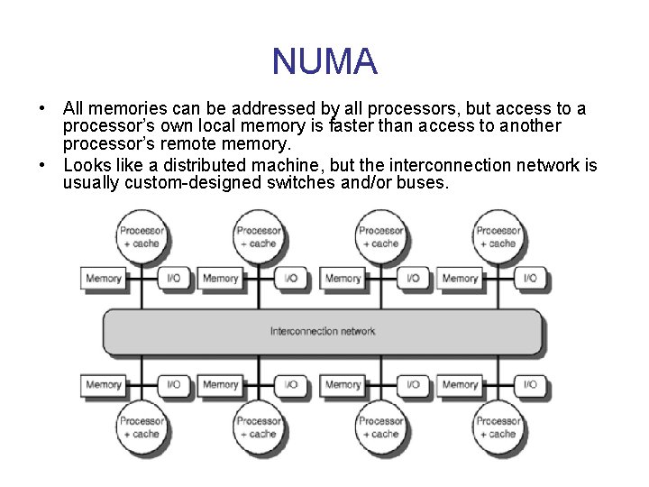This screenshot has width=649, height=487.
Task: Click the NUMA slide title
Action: (x=324, y=61)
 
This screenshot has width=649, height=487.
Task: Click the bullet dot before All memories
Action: (x=42, y=109)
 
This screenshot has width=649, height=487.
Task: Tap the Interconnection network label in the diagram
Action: (x=323, y=332)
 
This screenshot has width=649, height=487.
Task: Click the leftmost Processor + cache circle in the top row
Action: (x=142, y=236)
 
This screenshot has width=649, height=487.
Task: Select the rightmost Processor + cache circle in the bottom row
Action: (x=498, y=427)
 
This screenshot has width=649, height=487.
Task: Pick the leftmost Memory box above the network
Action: (x=104, y=279)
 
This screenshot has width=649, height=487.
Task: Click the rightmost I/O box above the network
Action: (x=531, y=279)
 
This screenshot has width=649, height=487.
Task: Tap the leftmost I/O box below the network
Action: (x=174, y=385)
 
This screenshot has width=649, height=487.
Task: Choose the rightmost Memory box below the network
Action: (x=460, y=385)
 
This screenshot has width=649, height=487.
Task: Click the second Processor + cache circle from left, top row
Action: (x=259, y=236)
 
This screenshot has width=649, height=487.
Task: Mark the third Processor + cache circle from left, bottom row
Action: (x=380, y=427)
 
